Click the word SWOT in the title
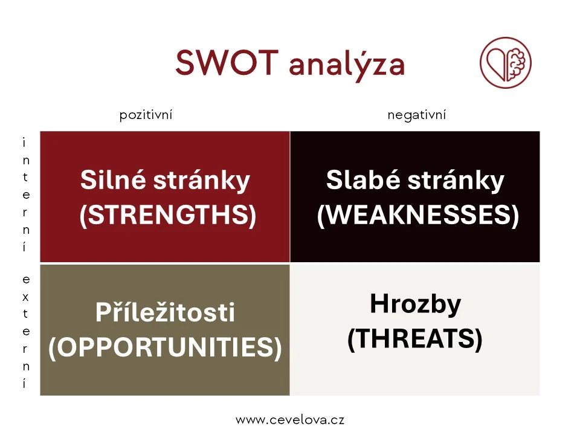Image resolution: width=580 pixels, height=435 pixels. [227, 62]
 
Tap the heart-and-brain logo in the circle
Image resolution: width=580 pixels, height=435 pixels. [505, 62]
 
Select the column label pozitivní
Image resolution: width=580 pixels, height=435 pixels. [146, 115]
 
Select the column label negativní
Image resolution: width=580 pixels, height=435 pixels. [416, 115]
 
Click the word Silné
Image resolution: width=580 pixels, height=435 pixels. [113, 180]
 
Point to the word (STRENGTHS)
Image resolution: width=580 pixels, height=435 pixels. [168, 215]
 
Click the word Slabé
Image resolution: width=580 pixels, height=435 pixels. [363, 180]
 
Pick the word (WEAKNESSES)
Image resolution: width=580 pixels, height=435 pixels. [418, 215]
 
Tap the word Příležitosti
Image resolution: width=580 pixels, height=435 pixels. [165, 312]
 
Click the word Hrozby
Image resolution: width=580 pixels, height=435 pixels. [416, 304]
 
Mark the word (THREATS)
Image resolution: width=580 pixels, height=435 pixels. [415, 338]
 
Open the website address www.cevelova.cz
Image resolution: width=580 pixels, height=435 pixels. [290, 420]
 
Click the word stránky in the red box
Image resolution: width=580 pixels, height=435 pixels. [202, 181]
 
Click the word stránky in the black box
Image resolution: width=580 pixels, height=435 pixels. [456, 181]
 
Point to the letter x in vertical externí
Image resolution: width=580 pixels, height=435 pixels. [25, 297]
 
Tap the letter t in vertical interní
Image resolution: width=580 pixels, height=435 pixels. [25, 177]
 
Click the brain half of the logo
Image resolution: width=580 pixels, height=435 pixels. [516, 63]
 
